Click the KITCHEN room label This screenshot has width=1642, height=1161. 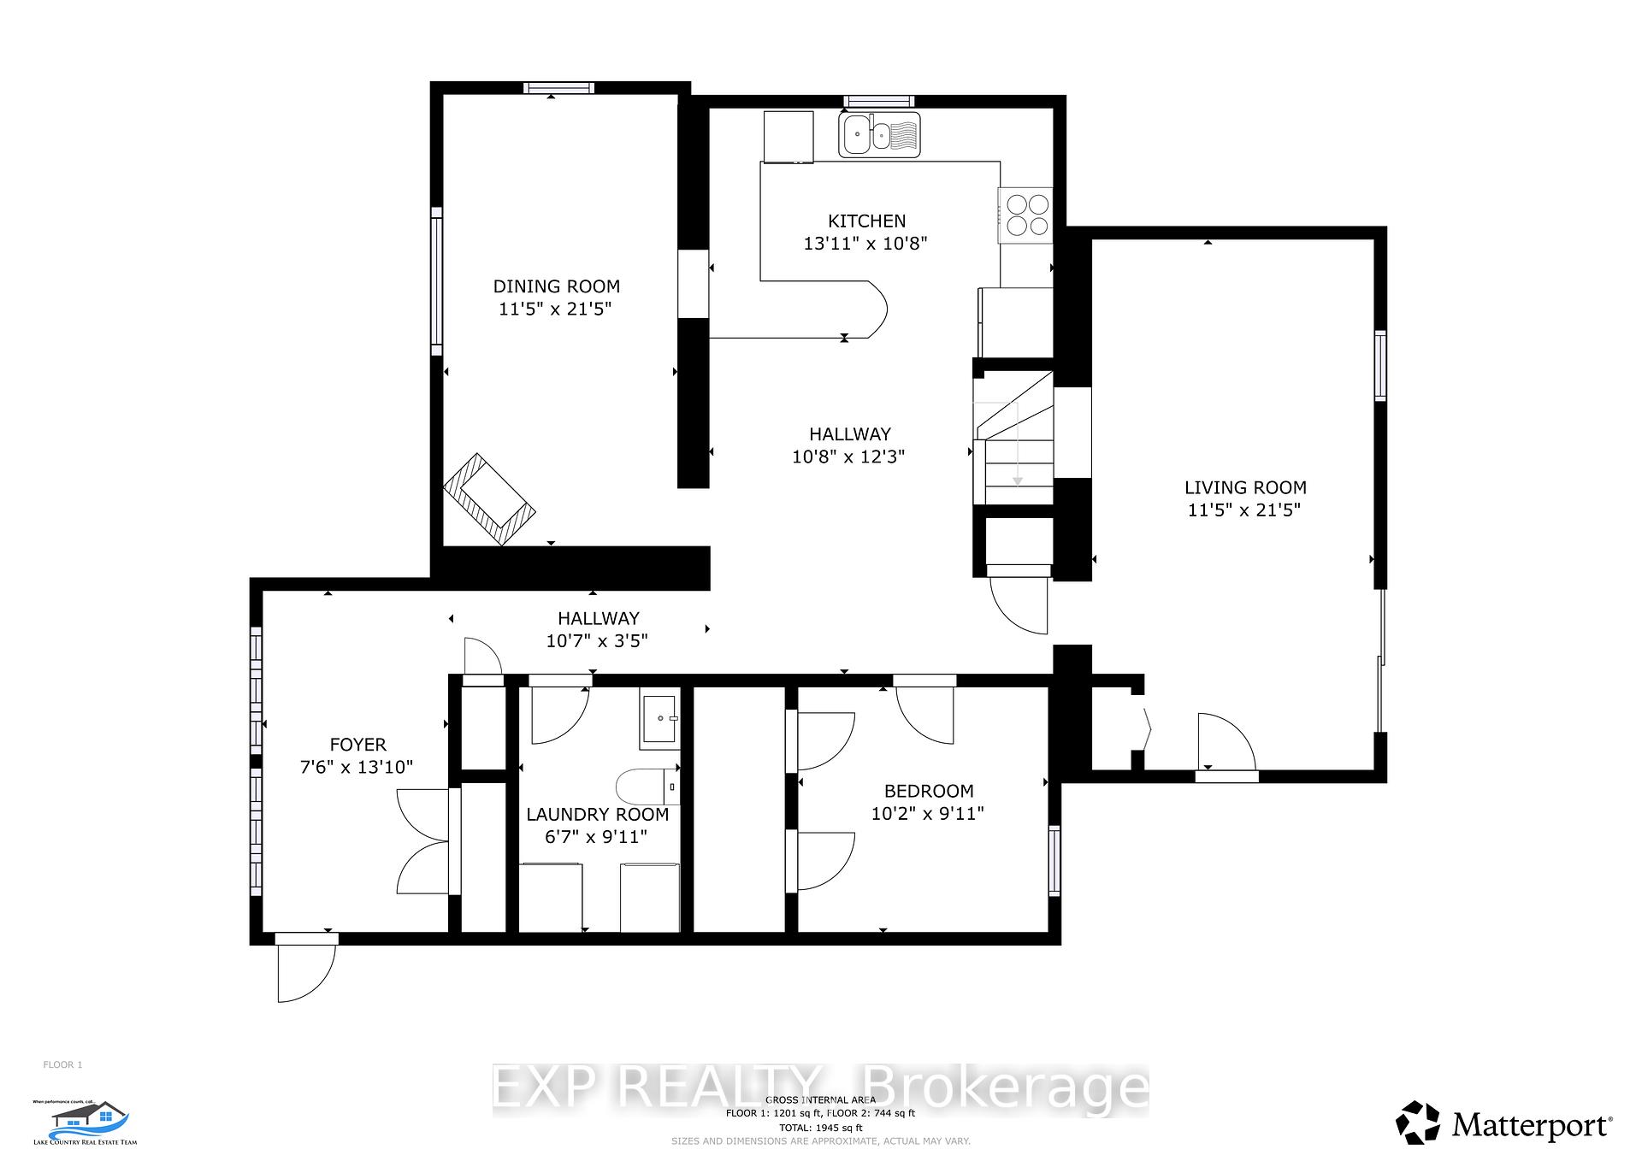pyautogui.click(x=866, y=221)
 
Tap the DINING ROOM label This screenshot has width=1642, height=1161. pyautogui.click(x=556, y=286)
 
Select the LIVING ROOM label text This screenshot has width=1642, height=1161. pyautogui.click(x=1244, y=488)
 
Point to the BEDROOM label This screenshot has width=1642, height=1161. pyautogui.click(x=928, y=791)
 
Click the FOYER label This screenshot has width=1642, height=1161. pyautogui.click(x=357, y=745)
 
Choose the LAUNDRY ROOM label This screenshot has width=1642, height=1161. pyautogui.click(x=597, y=814)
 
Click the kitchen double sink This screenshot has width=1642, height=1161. pyautogui.click(x=879, y=134)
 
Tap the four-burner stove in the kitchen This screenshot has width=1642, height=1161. pyautogui.click(x=1026, y=215)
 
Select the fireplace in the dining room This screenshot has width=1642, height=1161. pyautogui.click(x=489, y=499)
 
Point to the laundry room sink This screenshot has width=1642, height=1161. pyautogui.click(x=659, y=718)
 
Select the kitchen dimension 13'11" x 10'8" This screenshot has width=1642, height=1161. pyautogui.click(x=865, y=244)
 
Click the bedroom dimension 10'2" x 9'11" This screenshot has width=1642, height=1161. pyautogui.click(x=928, y=813)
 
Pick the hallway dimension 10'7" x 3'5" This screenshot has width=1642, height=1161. pyautogui.click(x=597, y=640)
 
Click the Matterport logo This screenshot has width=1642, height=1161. pyautogui.click(x=1504, y=1124)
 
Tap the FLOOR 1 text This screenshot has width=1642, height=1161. pyautogui.click(x=62, y=1064)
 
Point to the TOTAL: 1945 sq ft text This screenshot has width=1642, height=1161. pyautogui.click(x=820, y=1128)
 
